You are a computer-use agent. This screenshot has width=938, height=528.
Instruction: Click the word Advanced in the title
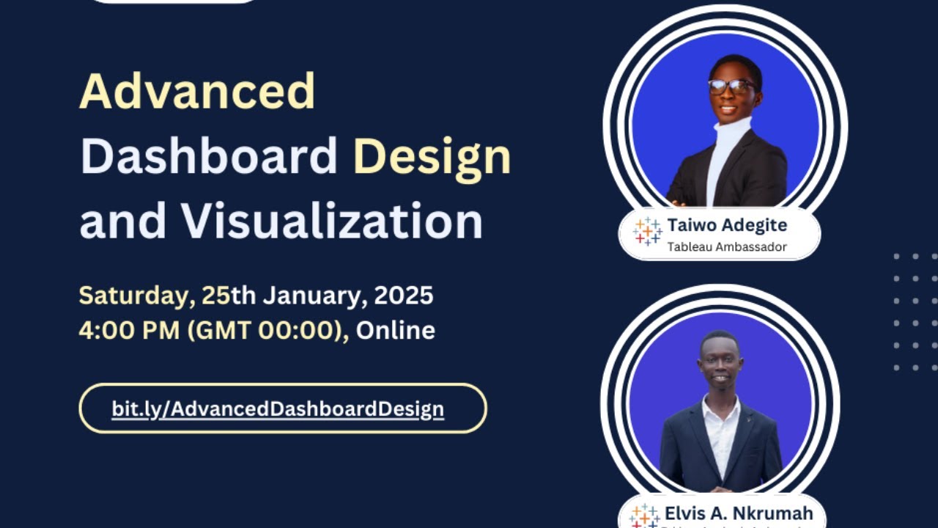tap(197, 92)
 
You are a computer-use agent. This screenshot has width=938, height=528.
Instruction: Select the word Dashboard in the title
tap(209, 156)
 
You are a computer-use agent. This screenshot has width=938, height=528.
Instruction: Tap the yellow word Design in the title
tap(432, 158)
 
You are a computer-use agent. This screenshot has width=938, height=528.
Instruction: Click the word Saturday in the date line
tap(136, 296)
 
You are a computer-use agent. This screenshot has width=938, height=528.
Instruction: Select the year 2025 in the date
tap(404, 296)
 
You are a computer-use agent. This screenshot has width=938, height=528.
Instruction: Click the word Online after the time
tap(396, 330)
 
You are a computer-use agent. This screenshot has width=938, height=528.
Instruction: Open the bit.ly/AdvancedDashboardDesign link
tap(278, 408)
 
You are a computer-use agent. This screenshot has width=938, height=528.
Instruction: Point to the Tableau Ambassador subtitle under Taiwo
tap(726, 246)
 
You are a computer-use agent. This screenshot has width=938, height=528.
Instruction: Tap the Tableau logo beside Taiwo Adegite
tap(648, 232)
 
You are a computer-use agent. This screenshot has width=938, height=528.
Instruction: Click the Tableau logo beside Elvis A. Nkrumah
tap(644, 516)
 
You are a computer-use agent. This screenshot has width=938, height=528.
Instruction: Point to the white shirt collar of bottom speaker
tap(721, 408)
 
